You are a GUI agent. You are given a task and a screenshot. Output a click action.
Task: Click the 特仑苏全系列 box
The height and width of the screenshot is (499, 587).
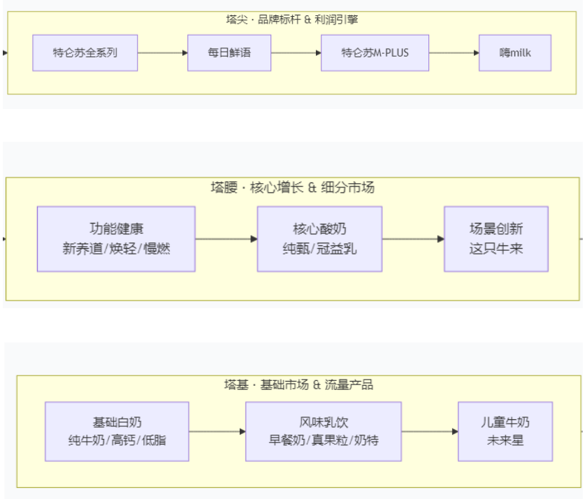[x=85, y=52]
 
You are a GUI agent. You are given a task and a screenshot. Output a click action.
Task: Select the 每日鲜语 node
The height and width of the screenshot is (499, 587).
[x=229, y=52]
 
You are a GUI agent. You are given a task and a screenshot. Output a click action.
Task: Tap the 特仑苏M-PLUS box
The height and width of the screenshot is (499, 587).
[x=375, y=52]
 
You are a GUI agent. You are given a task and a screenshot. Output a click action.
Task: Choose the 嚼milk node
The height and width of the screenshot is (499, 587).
[x=515, y=52]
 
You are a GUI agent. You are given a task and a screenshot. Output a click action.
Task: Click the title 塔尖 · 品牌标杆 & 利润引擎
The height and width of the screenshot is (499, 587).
[x=292, y=20]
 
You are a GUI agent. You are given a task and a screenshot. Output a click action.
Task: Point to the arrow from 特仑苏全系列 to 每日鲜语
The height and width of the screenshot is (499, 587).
[x=162, y=52]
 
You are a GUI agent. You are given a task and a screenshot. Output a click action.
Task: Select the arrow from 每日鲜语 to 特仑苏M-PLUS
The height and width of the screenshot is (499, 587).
[x=296, y=52]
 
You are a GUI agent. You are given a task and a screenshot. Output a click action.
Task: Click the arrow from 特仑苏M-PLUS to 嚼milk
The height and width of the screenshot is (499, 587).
[x=454, y=52]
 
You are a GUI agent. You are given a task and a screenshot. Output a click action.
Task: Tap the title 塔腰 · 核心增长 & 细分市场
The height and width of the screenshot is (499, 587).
[x=292, y=187]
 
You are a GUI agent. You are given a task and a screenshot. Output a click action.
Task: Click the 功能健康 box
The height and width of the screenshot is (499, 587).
[x=116, y=238]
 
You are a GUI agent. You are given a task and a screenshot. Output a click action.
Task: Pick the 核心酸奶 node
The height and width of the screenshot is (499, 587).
[x=319, y=238]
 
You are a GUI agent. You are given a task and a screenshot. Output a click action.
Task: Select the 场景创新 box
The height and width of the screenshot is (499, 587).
[x=496, y=238]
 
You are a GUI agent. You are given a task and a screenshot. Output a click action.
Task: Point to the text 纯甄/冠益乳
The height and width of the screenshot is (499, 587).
[x=319, y=248]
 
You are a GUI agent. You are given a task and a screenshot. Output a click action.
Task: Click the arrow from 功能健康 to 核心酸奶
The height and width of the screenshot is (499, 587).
[x=226, y=238]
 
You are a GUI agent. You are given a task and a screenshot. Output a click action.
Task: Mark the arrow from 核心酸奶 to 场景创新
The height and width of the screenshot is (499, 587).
[x=413, y=238]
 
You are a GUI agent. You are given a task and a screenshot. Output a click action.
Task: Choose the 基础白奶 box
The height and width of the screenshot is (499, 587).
[x=117, y=431]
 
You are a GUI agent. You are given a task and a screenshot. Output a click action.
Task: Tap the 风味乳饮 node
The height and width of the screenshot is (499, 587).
[x=324, y=431]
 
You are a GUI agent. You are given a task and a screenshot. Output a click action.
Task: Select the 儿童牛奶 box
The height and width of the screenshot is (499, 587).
[x=505, y=431]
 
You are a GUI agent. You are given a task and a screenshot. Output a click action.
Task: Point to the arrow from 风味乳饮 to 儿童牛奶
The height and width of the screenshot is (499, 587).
[x=430, y=431]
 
